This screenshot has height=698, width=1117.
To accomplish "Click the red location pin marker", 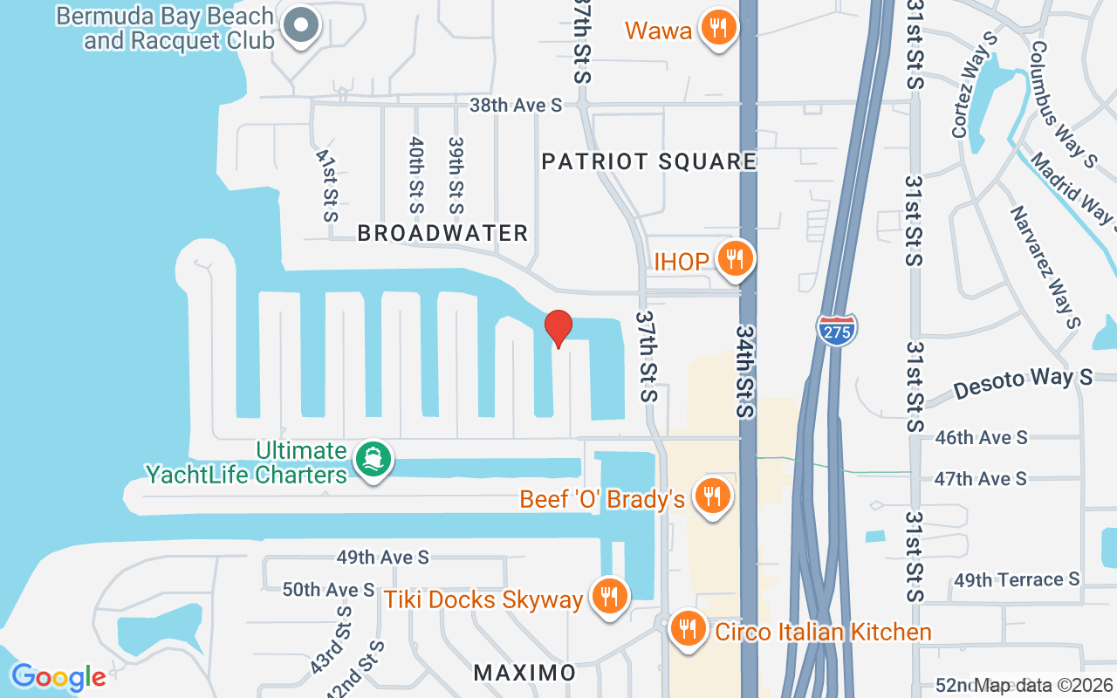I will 558,329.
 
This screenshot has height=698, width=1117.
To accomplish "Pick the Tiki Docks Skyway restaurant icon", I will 608,598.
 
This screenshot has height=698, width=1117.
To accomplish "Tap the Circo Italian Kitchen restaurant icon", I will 689,629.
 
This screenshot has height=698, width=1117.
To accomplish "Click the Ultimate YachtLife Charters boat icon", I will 373,460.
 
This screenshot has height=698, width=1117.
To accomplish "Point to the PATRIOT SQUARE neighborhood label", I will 648,161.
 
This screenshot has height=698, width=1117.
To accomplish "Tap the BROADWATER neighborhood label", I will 442,233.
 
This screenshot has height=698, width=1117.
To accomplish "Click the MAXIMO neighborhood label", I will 524,673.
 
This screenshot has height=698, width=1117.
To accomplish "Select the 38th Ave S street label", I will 516,106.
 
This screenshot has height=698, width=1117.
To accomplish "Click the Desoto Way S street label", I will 1023,382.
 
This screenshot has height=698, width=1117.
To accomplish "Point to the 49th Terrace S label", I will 1017,579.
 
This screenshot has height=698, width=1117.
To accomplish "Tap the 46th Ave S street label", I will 981,437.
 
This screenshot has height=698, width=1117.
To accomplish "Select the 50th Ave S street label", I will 328,590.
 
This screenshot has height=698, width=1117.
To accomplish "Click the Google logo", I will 58,677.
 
